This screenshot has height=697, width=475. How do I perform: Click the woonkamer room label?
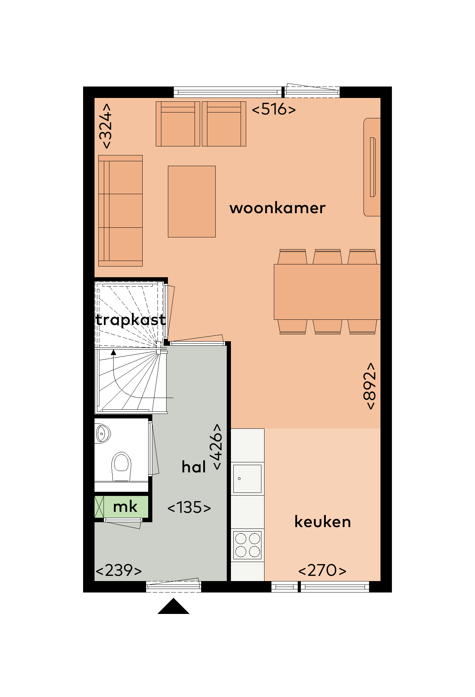click(x=277, y=208)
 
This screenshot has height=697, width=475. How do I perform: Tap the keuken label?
click(x=323, y=522)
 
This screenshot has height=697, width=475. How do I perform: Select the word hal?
click(x=194, y=467)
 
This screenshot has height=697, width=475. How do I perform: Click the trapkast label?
click(x=131, y=320)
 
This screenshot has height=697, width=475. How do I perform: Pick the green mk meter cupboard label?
click(x=125, y=507)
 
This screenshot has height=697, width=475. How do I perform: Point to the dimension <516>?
click(x=274, y=109)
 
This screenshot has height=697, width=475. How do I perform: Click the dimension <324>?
click(x=105, y=126)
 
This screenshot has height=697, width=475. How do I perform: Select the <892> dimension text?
click(x=370, y=386)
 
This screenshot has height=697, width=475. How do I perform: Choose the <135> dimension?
click(x=189, y=508)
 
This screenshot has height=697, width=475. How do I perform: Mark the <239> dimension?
click(x=119, y=570)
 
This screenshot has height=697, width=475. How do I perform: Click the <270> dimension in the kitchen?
click(x=322, y=570)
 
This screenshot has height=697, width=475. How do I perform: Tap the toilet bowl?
click(x=122, y=466)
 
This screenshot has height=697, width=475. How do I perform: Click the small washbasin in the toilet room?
click(x=102, y=433)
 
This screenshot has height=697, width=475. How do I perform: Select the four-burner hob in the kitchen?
click(x=248, y=545)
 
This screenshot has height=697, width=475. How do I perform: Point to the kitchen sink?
click(x=247, y=479)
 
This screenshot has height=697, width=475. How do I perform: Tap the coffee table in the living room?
click(x=192, y=201)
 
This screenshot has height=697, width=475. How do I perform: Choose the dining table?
click(x=327, y=292)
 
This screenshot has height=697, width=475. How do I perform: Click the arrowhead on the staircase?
click(x=113, y=352)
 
